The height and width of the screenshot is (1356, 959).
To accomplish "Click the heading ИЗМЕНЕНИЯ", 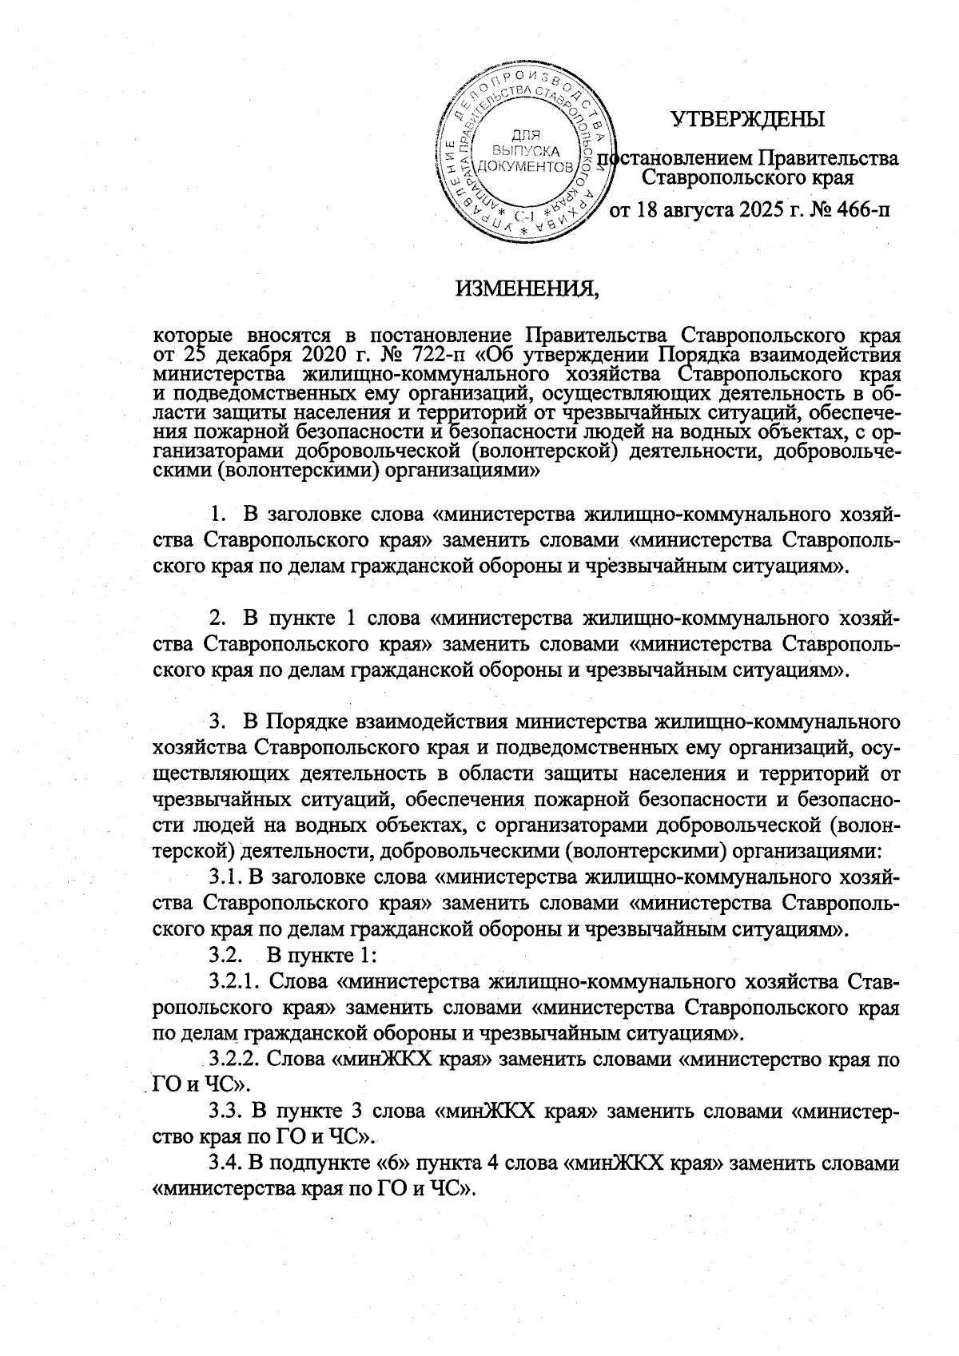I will coord(527,286).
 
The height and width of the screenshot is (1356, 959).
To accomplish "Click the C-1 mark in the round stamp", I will coord(524,217).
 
